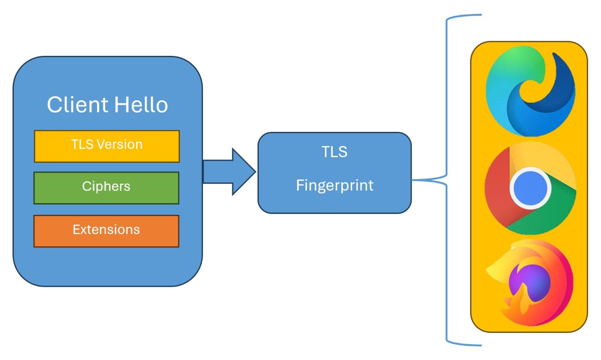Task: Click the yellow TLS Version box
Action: coord(106,146)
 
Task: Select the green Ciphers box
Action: coord(106,188)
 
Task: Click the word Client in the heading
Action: coord(77,104)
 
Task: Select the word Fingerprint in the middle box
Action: coord(334,185)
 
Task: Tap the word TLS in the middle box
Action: coord(334,152)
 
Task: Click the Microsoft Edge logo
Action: coord(530,91)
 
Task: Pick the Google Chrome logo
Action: coord(530,188)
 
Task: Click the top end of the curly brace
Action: coord(481,15)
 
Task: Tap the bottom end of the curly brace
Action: coord(481,345)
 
